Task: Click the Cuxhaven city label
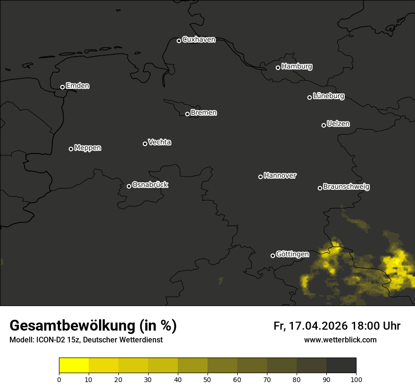pos(199,40)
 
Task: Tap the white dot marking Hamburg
pos(278,68)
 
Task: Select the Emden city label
pos(77,86)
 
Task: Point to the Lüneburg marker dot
pos(309,97)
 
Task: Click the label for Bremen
pos(204,113)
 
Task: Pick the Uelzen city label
pos(338,124)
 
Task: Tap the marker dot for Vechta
pos(145,144)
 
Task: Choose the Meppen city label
pos(88,148)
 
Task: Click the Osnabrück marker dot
pos(129,186)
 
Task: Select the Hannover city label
pos(280,176)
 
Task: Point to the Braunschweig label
pos(346,187)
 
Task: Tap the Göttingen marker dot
pos(273,256)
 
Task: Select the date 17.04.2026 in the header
pos(318,326)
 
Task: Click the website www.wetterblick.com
pos(340,340)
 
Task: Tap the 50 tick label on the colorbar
pos(207,379)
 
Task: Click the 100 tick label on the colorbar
pos(356,379)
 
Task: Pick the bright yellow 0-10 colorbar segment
pos(74,366)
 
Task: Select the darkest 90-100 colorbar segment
pos(341,366)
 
